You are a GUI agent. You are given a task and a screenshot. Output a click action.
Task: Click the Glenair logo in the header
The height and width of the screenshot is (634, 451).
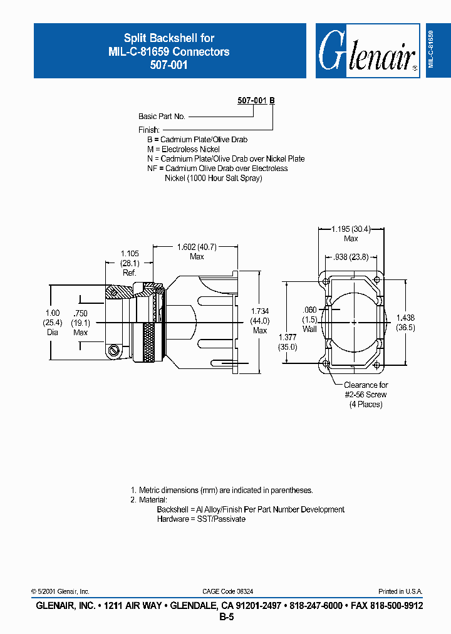(367, 51)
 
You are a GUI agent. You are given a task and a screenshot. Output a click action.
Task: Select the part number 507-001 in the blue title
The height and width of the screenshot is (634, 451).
(168, 65)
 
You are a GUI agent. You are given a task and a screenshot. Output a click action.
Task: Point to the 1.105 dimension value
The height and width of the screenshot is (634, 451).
(130, 253)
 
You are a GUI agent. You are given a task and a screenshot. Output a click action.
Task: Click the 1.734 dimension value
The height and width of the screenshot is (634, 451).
(260, 311)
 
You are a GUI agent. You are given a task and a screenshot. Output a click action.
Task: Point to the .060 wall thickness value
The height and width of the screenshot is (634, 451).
(309, 310)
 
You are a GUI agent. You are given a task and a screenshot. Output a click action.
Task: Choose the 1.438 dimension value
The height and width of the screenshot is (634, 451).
(405, 318)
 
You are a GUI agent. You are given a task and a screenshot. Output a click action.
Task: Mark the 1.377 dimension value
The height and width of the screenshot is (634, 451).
(288, 337)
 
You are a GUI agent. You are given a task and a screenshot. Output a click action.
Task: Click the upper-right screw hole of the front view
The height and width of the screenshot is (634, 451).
(376, 280)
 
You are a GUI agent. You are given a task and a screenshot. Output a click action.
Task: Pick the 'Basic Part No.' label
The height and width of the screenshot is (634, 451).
(162, 117)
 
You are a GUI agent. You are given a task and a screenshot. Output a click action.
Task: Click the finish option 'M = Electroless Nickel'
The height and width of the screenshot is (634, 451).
(183, 149)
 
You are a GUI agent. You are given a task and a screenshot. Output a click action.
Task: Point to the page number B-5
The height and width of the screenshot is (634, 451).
(226, 617)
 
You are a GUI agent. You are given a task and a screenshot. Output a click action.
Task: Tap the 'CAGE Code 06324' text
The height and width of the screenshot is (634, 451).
(227, 591)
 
